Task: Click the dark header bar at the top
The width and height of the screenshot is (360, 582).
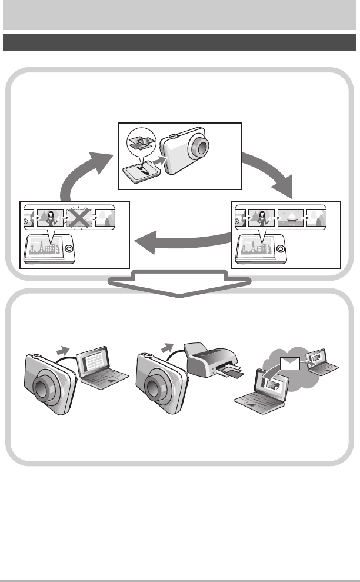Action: coord(180,42)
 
